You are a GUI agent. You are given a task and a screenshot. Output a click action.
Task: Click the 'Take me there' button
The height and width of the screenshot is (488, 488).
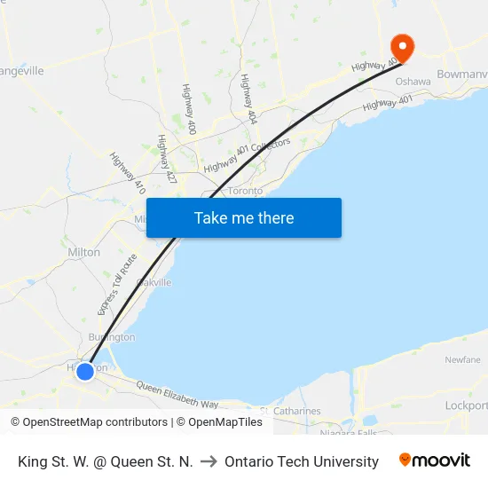(244, 217)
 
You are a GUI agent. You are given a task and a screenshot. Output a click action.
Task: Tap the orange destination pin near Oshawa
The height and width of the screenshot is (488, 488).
(402, 46)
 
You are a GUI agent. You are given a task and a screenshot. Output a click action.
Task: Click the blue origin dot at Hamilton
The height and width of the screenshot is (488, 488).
(85, 371)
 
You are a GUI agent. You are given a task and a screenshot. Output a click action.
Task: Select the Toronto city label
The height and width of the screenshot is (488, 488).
(246, 191)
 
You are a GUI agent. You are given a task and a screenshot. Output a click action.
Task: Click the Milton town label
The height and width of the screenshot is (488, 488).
(84, 252)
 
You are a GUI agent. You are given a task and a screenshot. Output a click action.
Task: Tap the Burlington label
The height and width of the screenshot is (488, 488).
(112, 337)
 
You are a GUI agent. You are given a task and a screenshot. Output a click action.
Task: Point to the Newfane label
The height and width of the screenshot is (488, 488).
(462, 359)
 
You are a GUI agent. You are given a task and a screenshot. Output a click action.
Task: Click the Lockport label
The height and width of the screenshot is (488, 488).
(466, 405)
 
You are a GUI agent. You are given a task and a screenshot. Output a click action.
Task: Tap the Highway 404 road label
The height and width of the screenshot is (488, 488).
(248, 98)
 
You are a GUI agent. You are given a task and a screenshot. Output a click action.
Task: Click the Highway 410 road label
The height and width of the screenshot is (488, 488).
(127, 174)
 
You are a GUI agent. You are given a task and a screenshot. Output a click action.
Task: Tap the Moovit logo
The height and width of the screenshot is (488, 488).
(434, 460)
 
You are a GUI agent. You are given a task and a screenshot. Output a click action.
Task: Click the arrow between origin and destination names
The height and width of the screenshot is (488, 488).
(209, 461)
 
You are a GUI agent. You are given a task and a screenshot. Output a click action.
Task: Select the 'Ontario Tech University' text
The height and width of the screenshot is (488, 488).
(302, 461)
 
